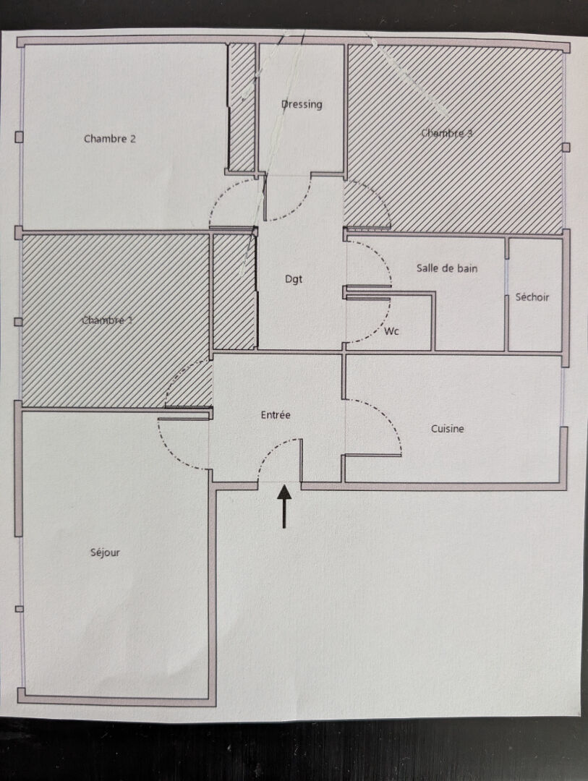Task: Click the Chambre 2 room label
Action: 110,139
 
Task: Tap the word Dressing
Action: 302,104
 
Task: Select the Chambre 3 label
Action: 447,133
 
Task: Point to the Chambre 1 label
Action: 108,320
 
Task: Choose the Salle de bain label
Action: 447,268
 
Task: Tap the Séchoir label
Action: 532,297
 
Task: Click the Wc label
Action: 392,331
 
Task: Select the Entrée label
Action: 276,415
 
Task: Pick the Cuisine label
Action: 448,429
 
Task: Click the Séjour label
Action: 105,552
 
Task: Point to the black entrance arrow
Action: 284,505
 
